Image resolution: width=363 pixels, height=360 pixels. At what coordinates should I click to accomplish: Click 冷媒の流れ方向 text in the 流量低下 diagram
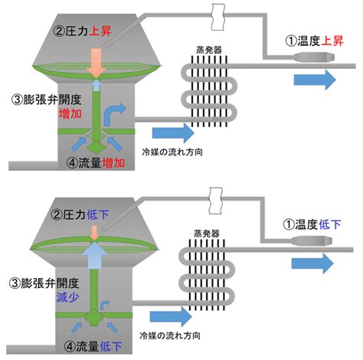point(172,337)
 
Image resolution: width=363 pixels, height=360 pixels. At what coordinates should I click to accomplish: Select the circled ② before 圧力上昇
point(60,33)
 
